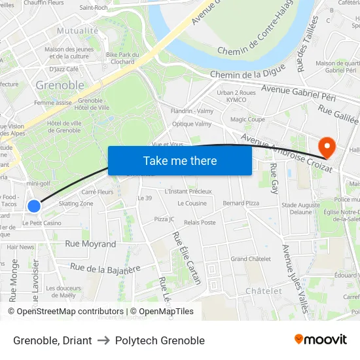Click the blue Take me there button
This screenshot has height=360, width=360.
180,160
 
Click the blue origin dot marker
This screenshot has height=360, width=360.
34,206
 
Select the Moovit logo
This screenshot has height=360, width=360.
320,339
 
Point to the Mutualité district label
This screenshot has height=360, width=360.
77,31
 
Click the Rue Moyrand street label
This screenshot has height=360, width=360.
90,243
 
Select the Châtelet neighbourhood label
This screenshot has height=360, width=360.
263,291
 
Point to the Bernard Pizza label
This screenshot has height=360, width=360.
241,204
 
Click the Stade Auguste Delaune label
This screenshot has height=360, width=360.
301,208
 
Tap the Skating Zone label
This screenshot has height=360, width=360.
76,204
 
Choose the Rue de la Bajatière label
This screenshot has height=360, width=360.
105,268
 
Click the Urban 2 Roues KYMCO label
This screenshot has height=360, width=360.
236,96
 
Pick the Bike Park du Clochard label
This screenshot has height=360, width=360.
120,58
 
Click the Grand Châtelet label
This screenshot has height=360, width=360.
251,259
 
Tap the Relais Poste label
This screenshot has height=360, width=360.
200,223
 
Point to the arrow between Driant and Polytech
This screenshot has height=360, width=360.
103,340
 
